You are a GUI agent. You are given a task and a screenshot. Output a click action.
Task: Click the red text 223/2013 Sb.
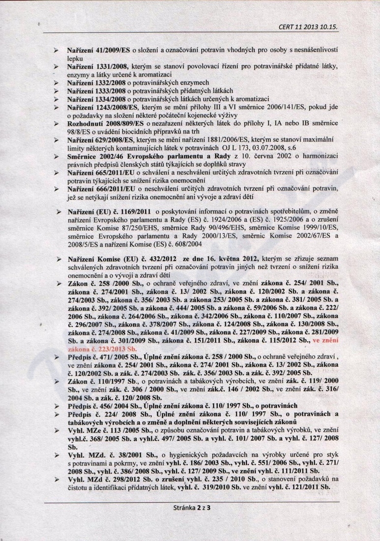point(110,348)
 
